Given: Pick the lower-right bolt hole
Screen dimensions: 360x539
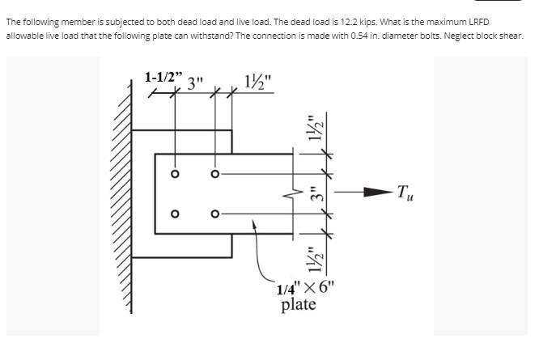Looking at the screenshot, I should click(214, 214).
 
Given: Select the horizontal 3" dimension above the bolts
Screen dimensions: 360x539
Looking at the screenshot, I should click(196, 83).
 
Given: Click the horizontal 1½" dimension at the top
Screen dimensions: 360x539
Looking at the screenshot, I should click(259, 82).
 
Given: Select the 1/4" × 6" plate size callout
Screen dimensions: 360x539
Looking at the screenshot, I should click(303, 288).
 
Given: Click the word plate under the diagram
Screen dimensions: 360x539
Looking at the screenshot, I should click(298, 305).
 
